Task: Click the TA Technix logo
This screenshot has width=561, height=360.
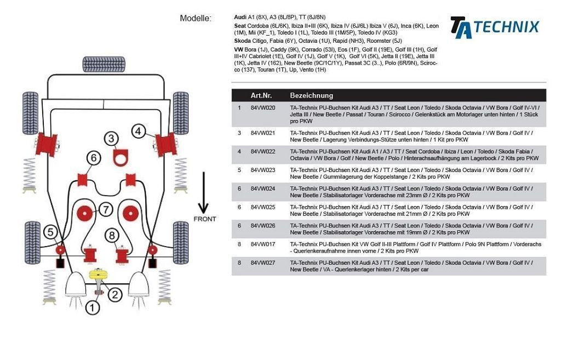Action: pyautogui.click(x=494, y=27)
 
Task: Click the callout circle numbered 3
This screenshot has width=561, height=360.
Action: pyautogui.click(x=111, y=139)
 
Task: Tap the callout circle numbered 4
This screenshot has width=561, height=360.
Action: pyautogui.click(x=138, y=131)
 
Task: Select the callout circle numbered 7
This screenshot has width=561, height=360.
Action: pyautogui.click(x=105, y=209)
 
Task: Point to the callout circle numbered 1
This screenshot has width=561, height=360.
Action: pyautogui.click(x=93, y=308)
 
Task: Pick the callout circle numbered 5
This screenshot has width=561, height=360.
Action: pyautogui.click(x=50, y=232)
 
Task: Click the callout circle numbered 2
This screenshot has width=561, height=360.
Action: pyautogui.click(x=114, y=295)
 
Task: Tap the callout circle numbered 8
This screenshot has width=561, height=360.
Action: pyautogui.click(x=112, y=236)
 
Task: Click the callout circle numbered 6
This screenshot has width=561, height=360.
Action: pyautogui.click(x=94, y=158)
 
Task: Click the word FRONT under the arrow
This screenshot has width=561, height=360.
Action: pyautogui.click(x=204, y=219)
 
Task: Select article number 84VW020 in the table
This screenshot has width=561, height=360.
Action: pyautogui.click(x=263, y=108)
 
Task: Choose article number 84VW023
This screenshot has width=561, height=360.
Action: pyautogui.click(x=263, y=170)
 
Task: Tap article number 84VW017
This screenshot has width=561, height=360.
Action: pyautogui.click(x=263, y=244)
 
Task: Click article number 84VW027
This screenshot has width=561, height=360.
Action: pyautogui.click(x=263, y=263)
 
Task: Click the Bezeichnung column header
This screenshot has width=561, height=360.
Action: pyautogui.click(x=311, y=95)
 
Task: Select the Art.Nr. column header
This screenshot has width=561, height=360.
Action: pyautogui.click(x=261, y=95)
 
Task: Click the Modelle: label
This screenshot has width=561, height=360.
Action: pyautogui.click(x=196, y=19)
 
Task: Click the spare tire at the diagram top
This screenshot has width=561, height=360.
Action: pyautogui.click(x=104, y=64)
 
